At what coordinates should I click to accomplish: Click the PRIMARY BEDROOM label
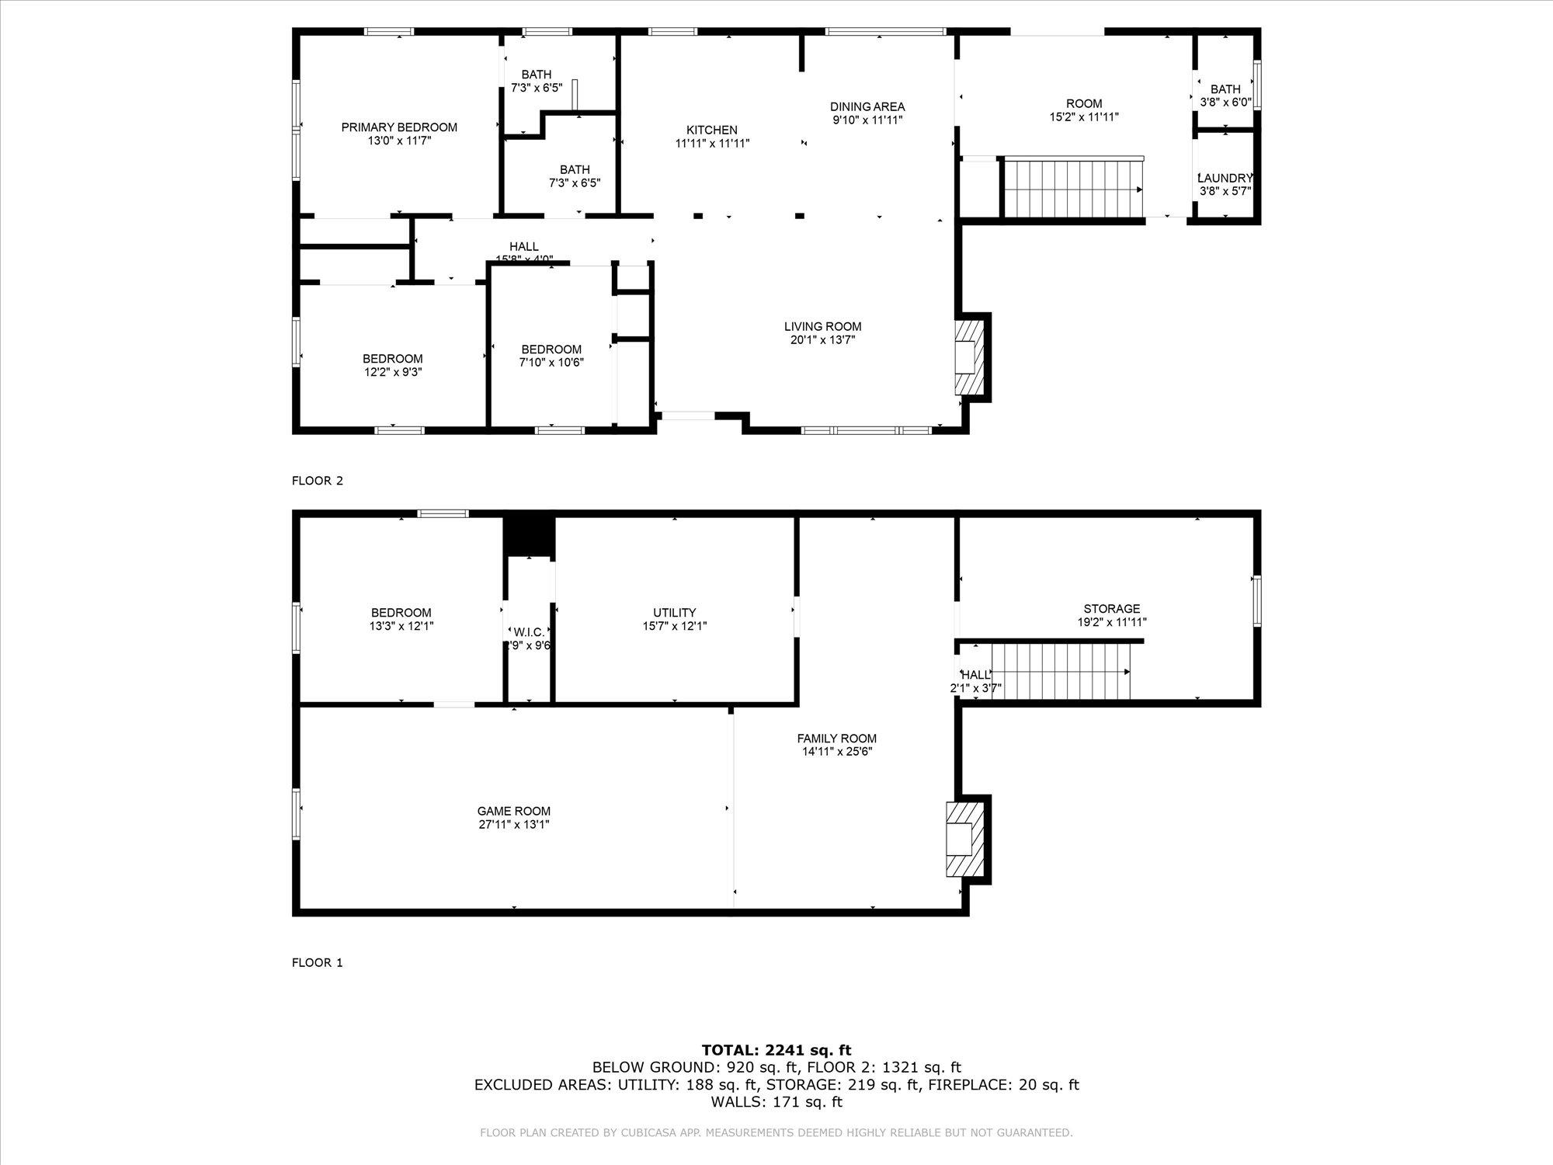click(x=399, y=127)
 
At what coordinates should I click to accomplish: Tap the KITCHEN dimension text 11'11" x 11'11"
click(x=712, y=144)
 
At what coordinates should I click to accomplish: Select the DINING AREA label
click(x=867, y=107)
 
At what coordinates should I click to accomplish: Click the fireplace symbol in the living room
click(x=969, y=357)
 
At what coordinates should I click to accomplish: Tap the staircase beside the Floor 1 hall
click(x=1061, y=672)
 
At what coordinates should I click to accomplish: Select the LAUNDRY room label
click(x=1225, y=178)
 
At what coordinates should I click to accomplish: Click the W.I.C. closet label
click(x=529, y=632)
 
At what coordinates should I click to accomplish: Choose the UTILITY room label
click(x=674, y=613)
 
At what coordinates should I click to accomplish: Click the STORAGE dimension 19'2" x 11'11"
click(x=1112, y=622)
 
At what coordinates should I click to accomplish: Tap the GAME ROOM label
click(x=513, y=812)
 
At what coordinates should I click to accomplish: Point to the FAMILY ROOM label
click(x=836, y=739)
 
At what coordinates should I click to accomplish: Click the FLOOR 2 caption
click(x=317, y=481)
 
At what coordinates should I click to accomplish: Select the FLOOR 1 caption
click(x=317, y=963)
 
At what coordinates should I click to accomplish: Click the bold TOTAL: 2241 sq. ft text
click(x=776, y=1051)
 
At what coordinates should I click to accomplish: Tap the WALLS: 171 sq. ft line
click(x=776, y=1102)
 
